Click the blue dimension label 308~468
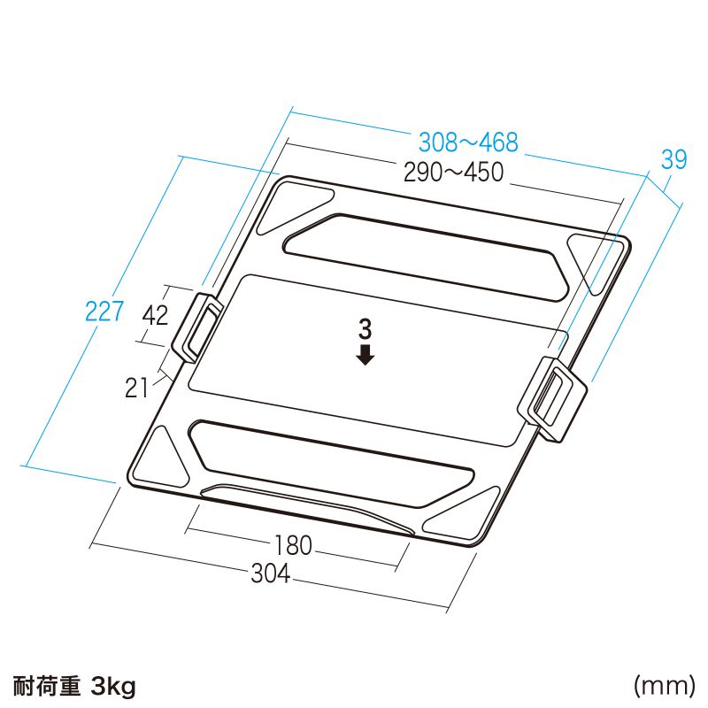467,142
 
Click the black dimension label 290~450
453,173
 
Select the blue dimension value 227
104,312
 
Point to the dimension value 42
155,316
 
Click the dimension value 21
137,387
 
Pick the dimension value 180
293,546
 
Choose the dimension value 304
270,573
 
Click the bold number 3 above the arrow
365,330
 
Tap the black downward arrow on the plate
365,355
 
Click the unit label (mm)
663,684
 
